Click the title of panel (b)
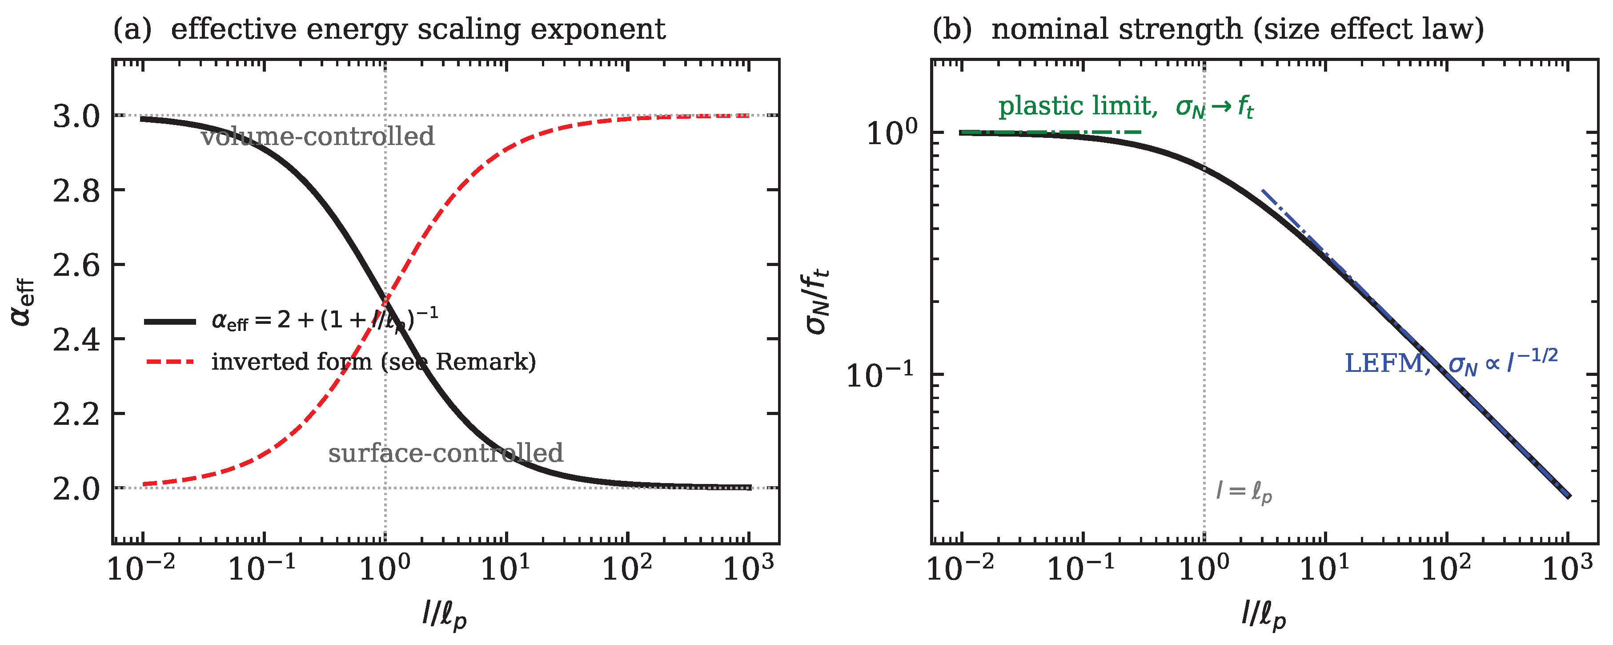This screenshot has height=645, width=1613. coord(1208,29)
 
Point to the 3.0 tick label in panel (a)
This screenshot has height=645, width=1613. coord(76,117)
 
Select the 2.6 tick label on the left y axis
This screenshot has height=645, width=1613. coord(76,266)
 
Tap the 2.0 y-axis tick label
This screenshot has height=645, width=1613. coord(76,489)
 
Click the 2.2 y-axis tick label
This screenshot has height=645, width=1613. coord(76,415)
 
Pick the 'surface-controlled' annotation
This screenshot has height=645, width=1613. coord(446,453)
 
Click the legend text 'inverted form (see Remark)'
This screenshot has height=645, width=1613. coord(374,362)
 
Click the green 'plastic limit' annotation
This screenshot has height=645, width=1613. coord(1126,106)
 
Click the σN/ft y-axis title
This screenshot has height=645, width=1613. coord(817,301)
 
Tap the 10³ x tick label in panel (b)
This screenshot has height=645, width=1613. coord(1567,567)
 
